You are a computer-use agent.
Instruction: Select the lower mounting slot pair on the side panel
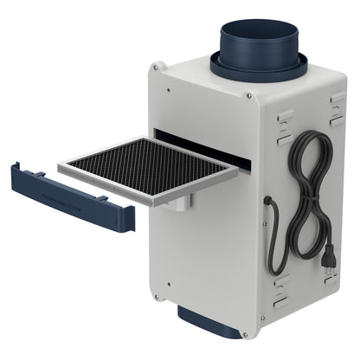pos(281,289)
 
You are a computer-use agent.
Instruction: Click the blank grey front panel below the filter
pos(203,260)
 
